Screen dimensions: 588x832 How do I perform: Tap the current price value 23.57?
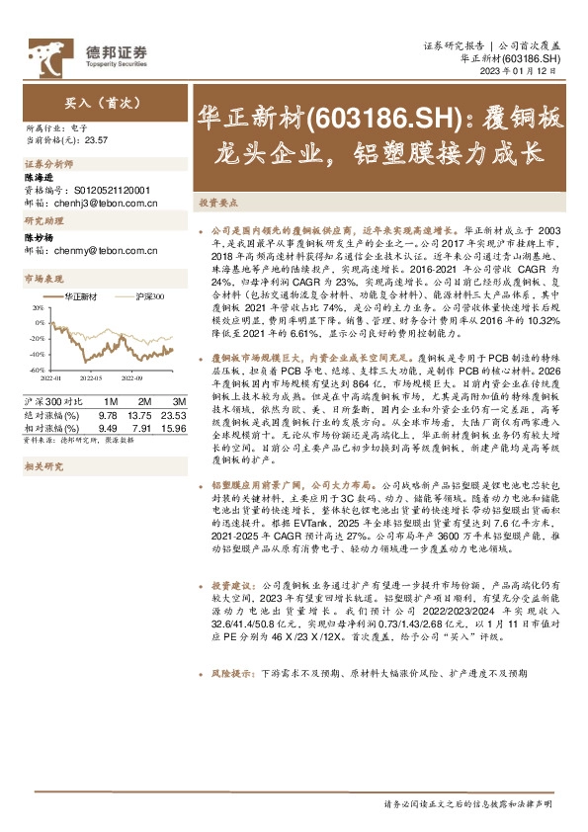pos(97,140)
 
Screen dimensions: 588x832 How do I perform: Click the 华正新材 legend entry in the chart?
pos(80,296)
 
